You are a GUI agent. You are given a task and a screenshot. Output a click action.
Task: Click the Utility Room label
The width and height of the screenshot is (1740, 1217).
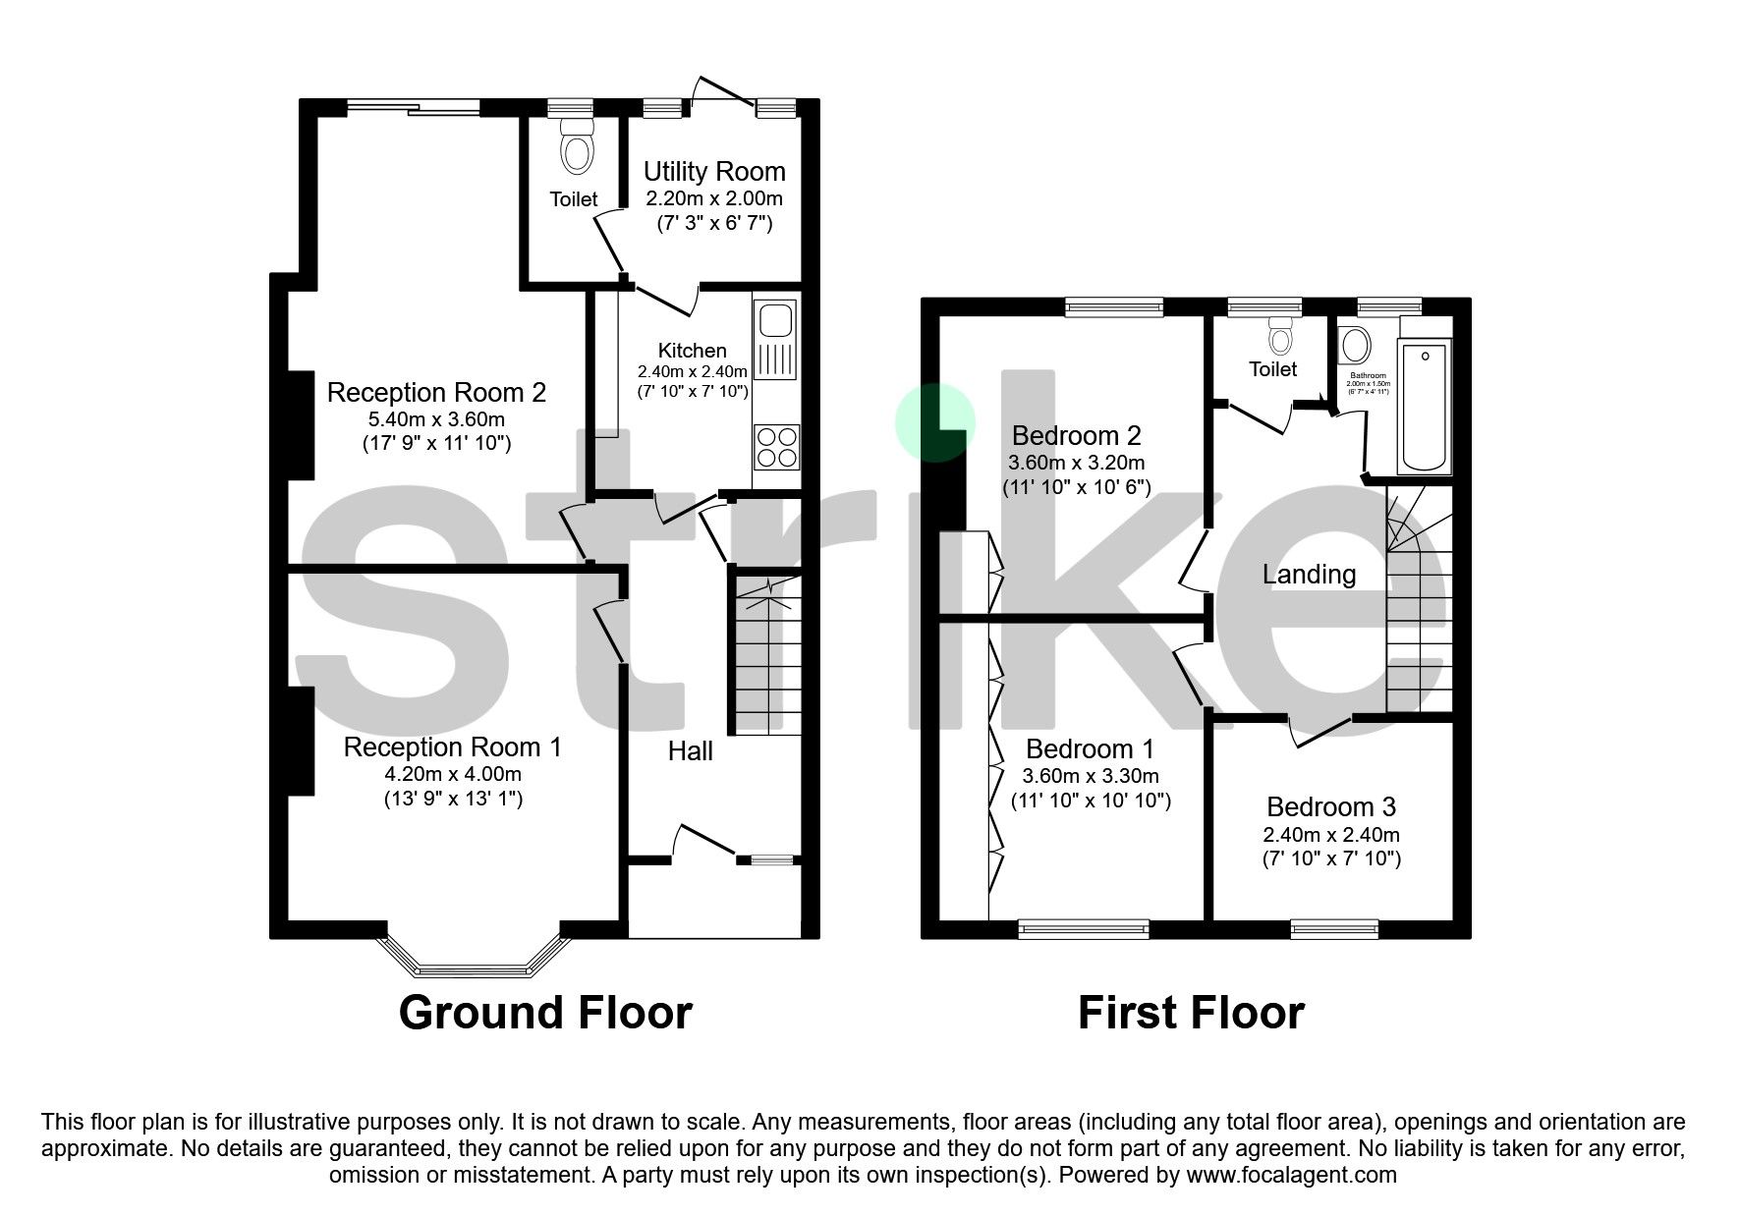(713, 171)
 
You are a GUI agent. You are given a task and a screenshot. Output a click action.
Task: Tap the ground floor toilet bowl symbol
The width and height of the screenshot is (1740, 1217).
(578, 152)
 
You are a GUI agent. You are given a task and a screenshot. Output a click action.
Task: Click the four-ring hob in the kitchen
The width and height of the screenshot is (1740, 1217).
(776, 447)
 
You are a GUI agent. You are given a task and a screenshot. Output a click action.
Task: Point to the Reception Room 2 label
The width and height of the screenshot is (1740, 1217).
(435, 392)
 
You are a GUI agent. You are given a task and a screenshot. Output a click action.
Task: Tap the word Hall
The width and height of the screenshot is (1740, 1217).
(690, 751)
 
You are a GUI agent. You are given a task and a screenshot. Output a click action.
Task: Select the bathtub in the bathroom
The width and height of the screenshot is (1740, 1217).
(1424, 407)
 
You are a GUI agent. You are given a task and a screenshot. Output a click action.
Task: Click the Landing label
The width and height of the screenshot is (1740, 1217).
(1309, 574)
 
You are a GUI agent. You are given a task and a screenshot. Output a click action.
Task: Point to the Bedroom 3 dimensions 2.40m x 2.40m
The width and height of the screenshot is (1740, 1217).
(1330, 835)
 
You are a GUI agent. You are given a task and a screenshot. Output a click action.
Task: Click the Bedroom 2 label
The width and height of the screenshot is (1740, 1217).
(1076, 434)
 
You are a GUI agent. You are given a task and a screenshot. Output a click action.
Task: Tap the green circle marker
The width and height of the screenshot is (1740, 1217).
(934, 422)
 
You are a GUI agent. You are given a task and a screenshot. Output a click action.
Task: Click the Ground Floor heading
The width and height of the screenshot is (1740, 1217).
(545, 1013)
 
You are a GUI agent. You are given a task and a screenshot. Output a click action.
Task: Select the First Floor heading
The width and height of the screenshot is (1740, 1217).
(1191, 1013)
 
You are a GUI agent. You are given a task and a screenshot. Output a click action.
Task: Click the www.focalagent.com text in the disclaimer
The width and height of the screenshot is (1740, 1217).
(1291, 1175)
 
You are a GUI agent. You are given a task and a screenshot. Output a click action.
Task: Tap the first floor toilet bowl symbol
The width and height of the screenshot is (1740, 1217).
(1279, 339)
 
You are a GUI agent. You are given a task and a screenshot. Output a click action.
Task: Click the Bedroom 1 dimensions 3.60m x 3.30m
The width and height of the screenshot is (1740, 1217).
(1091, 776)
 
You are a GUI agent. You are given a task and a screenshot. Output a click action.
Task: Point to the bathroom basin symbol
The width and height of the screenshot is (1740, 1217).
(1356, 346)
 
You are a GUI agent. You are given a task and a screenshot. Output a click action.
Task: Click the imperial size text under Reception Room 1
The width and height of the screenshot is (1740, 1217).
(453, 799)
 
